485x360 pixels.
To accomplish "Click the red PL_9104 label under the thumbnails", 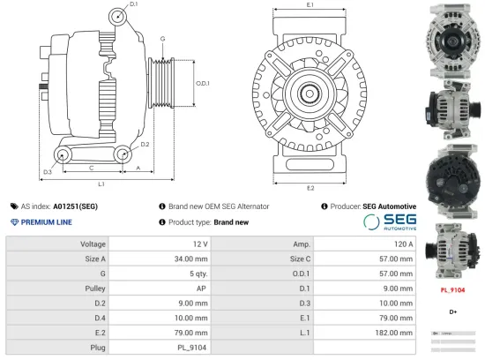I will (452, 289).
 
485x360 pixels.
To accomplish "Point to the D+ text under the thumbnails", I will (452, 311).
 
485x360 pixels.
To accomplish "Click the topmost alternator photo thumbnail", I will (451, 36).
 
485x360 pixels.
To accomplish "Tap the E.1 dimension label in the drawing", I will (310, 6).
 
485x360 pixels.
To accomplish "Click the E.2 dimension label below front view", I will (310, 188).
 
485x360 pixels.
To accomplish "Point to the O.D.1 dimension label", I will (202, 83).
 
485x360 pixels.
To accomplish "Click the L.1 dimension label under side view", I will (101, 184).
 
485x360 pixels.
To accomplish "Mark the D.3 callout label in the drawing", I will (46, 171).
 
